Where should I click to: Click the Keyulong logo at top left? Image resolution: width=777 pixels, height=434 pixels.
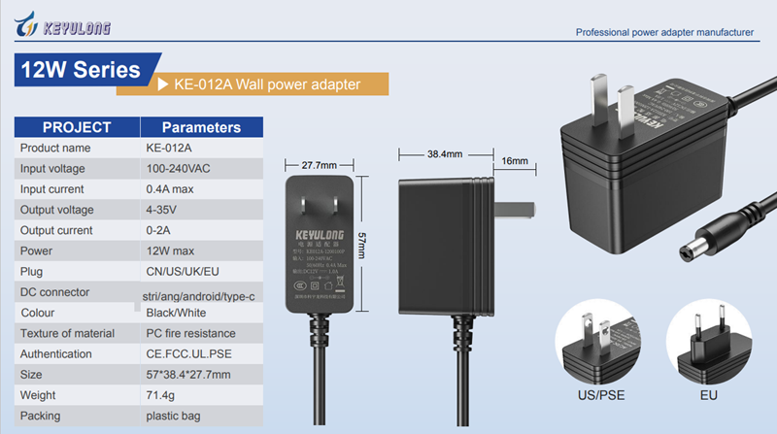62,25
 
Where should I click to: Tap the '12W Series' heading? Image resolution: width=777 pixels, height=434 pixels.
80,71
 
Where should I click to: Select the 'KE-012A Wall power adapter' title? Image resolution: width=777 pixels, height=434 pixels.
267,84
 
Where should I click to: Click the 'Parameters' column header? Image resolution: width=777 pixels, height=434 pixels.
201,127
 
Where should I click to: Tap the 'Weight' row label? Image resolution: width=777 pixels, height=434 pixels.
40,395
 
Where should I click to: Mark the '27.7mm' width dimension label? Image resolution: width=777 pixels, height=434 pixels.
319,164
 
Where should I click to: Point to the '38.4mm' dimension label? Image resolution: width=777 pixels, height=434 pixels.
444,153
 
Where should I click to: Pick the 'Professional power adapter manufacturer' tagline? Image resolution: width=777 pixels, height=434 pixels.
664,32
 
